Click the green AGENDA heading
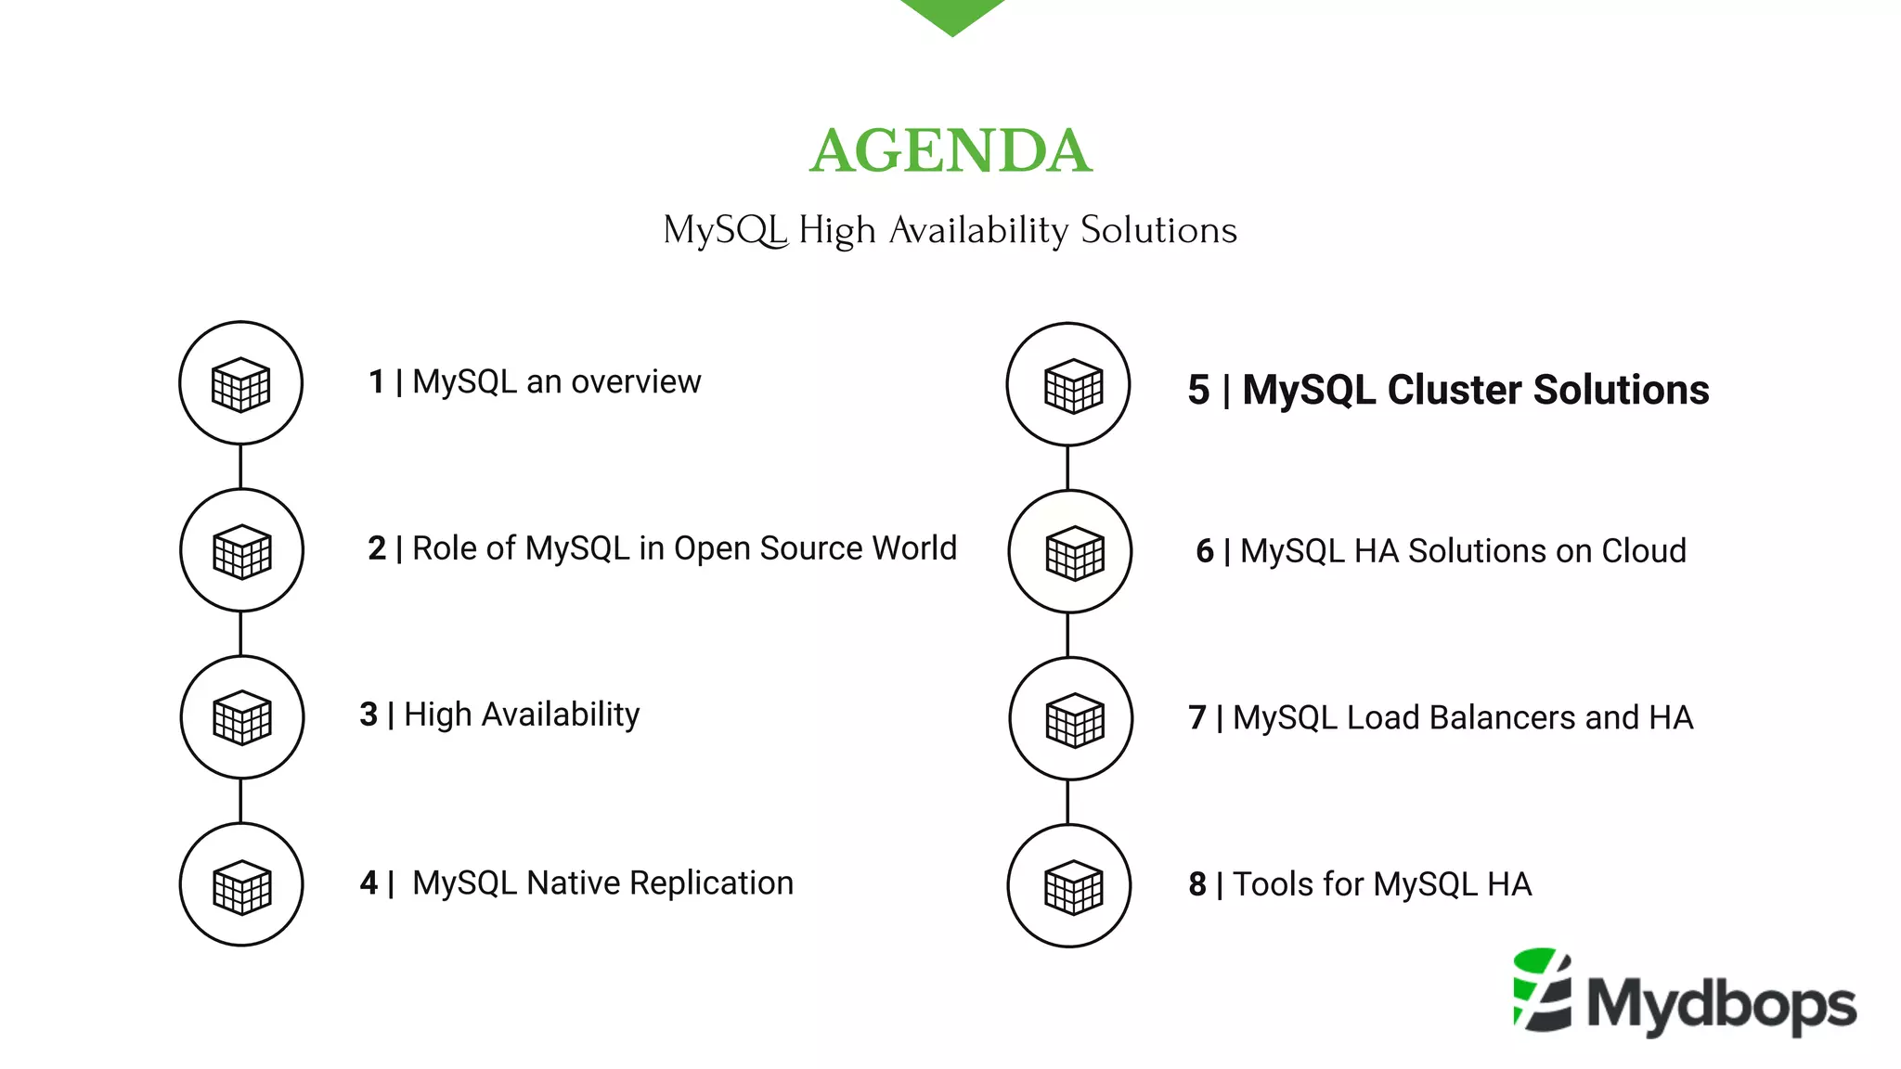pyautogui.click(x=950, y=151)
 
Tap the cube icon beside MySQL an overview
pyautogui.click(x=240, y=383)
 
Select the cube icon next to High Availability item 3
pyautogui.click(x=242, y=717)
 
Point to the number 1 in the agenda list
pyautogui.click(x=377, y=381)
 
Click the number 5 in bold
pyautogui.click(x=1198, y=390)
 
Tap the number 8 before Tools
pyautogui.click(x=1197, y=884)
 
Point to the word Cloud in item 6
pyautogui.click(x=1644, y=551)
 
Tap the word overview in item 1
pyautogui.click(x=636, y=381)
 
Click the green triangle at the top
pyautogui.click(x=952, y=14)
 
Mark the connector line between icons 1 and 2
pyautogui.click(x=240, y=466)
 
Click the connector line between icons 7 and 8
pyautogui.click(x=1068, y=802)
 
